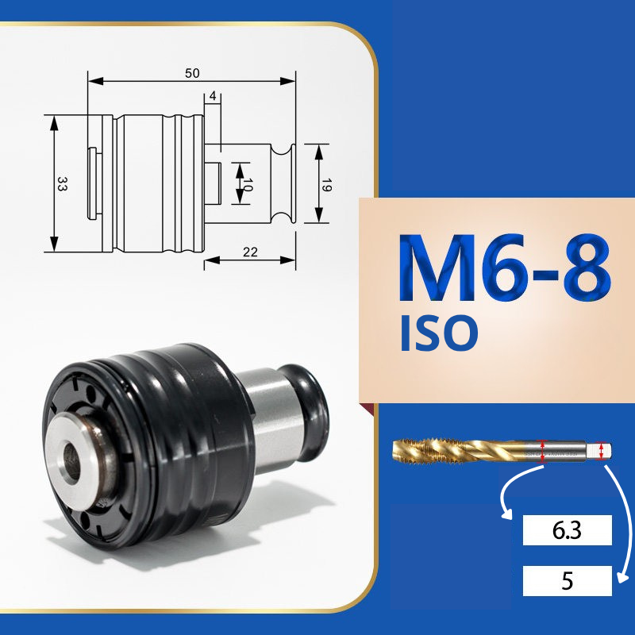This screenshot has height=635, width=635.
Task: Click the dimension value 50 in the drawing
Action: click(192, 73)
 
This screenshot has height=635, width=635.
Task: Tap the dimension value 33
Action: click(62, 183)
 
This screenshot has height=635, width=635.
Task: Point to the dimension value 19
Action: click(326, 185)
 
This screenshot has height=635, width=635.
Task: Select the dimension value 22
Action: click(250, 252)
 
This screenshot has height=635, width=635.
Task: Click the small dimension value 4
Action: click(213, 96)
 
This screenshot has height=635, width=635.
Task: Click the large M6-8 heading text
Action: click(504, 268)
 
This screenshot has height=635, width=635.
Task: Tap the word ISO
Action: click(439, 333)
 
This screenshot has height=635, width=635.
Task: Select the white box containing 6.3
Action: click(567, 530)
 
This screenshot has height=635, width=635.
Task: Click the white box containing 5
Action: click(567, 581)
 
